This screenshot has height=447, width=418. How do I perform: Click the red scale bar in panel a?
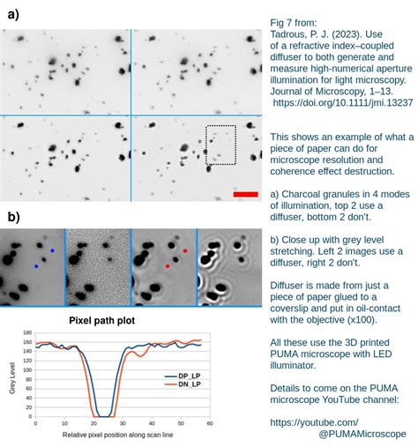pos(245,193)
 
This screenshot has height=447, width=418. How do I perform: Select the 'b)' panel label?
pos(14,216)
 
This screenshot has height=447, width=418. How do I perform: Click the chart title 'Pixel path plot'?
pos(102,320)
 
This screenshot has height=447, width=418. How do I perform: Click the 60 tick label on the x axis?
pos(210,424)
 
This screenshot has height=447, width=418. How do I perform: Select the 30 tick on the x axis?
pos(123,424)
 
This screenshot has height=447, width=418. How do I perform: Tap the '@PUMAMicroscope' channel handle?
pos(357,434)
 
